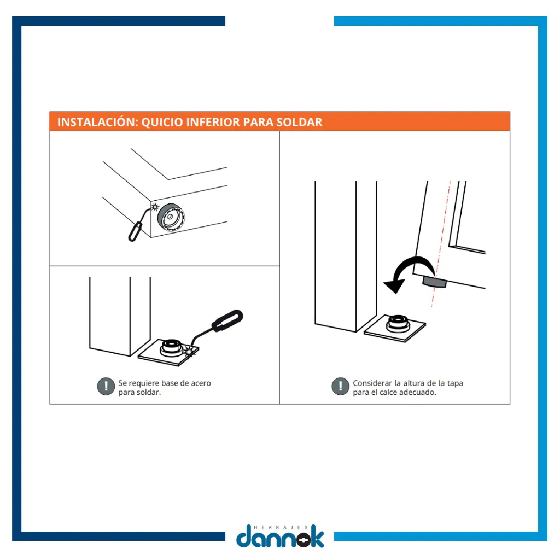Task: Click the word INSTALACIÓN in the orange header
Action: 97,122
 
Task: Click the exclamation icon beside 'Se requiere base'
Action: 106,387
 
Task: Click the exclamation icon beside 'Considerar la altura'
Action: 340,386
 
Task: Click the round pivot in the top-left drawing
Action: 171,217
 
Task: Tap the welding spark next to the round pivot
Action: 155,206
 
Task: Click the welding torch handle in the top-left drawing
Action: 135,231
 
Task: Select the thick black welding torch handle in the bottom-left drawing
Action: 227,320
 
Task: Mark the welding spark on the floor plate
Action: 189,352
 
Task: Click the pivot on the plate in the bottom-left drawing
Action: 172,347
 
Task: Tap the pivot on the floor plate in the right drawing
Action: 398,323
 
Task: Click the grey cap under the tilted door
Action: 435,282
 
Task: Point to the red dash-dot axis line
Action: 441,244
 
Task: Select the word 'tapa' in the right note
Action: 454,383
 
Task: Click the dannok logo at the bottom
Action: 280,536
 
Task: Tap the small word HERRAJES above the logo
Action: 281,527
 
